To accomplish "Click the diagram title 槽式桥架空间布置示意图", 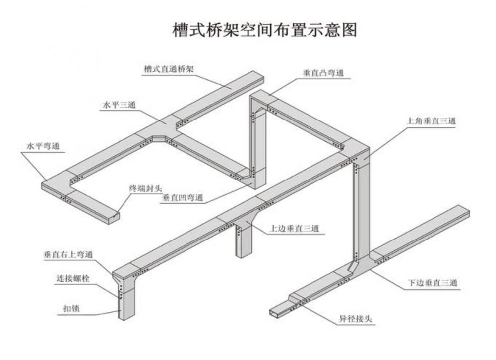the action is click(x=265, y=30).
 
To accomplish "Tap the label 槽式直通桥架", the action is click(x=169, y=69).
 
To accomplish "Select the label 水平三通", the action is click(x=119, y=105).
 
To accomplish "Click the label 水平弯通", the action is click(x=43, y=146).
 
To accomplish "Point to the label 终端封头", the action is click(x=145, y=189).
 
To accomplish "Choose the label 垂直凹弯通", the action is click(x=183, y=198).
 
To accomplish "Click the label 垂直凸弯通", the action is click(x=323, y=73).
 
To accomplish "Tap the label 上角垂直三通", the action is click(x=431, y=120).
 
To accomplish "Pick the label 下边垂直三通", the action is click(x=433, y=283).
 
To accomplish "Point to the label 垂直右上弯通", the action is click(x=68, y=254).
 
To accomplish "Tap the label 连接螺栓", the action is click(x=73, y=278).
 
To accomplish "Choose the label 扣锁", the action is click(x=71, y=308).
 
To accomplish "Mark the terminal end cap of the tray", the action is click(x=115, y=219).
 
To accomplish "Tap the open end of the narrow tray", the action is click(x=273, y=312).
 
